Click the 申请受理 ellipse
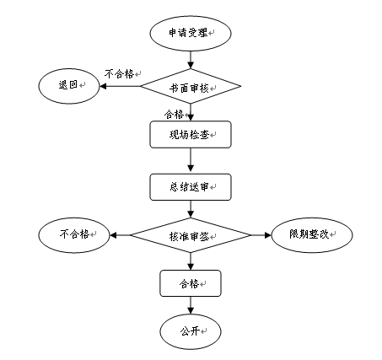(191, 33)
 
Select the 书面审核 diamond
(191, 86)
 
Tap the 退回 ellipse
(69, 86)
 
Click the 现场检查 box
(191, 135)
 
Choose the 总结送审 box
(191, 187)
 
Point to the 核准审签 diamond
(191, 235)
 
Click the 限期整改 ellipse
(312, 235)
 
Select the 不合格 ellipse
(74, 235)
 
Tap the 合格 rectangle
(191, 283)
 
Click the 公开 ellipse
(191, 331)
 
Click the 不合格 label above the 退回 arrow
(119, 74)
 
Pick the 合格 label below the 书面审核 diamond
(174, 115)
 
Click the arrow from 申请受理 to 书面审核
(191, 60)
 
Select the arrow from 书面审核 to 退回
(120, 86)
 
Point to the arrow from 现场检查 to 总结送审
(191, 159)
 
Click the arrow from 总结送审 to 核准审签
(191, 209)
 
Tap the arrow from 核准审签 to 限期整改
(261, 235)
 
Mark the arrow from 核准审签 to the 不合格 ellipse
(121, 235)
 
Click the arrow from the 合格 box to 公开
(191, 305)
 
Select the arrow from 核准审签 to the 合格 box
(191, 261)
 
